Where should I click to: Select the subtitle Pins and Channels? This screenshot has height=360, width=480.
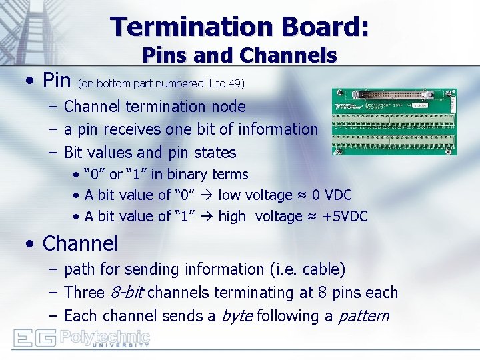pyautogui.click(x=240, y=55)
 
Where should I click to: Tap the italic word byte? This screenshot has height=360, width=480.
pyautogui.click(x=236, y=316)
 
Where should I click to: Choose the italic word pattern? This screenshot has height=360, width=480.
pyautogui.click(x=363, y=316)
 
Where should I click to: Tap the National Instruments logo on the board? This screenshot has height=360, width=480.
pyautogui.click(x=349, y=107)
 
